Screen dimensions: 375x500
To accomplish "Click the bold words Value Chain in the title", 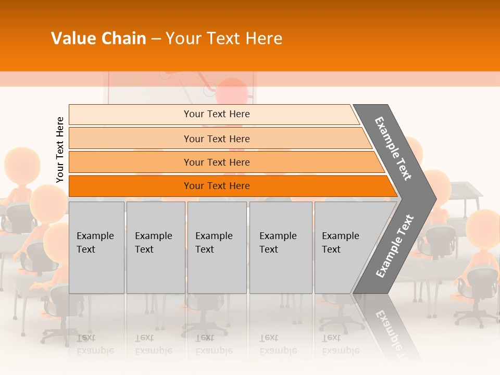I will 98,39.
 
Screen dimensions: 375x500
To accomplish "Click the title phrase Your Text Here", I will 224,39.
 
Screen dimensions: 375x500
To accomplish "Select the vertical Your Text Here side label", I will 60,149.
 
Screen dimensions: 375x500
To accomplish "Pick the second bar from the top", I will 217,139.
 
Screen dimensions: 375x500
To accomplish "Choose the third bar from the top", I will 217,162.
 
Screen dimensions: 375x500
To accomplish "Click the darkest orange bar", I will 217,186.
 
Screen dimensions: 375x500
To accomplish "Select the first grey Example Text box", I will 96,247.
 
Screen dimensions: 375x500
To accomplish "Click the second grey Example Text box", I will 155,247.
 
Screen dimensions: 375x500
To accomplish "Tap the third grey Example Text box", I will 217,247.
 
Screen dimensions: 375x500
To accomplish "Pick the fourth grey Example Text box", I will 280,247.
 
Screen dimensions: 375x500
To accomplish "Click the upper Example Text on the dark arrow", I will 393,148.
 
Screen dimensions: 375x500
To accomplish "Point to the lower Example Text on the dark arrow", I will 395,246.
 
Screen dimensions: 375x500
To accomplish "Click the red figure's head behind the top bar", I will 232,91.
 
